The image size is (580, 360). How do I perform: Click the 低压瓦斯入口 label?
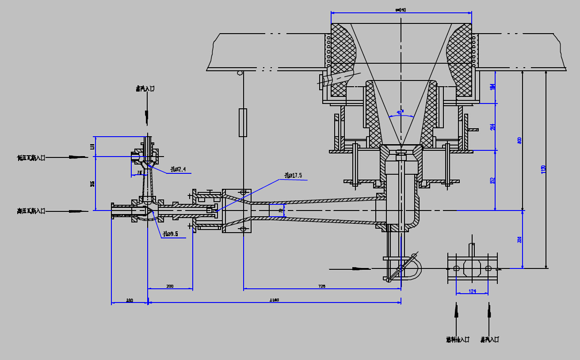pyautogui.click(x=31, y=157)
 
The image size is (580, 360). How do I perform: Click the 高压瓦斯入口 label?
pyautogui.click(x=31, y=211)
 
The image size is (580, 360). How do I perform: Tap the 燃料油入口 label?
pyautogui.click(x=458, y=340)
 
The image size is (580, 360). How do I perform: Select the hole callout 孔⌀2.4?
pyautogui.click(x=178, y=169)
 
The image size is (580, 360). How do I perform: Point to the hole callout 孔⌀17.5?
pyautogui.click(x=293, y=176)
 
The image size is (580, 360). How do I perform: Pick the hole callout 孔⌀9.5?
pyautogui.click(x=170, y=234)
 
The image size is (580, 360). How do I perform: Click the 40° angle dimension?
pyautogui.click(x=400, y=113)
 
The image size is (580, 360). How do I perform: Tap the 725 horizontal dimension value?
pyautogui.click(x=322, y=287)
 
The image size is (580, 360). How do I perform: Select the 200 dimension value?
pyautogui.click(x=170, y=286)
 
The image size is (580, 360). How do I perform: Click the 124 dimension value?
pyautogui.click(x=472, y=291)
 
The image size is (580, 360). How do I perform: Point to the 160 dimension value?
pyautogui.click(x=130, y=300)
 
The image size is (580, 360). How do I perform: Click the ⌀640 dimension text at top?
pyautogui.click(x=401, y=10)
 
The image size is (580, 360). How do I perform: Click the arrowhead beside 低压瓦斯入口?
pyautogui.click(x=78, y=157)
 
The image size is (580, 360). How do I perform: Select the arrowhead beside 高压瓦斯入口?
pyautogui.click(x=78, y=211)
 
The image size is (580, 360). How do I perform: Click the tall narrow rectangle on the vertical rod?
pyautogui.click(x=243, y=122)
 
